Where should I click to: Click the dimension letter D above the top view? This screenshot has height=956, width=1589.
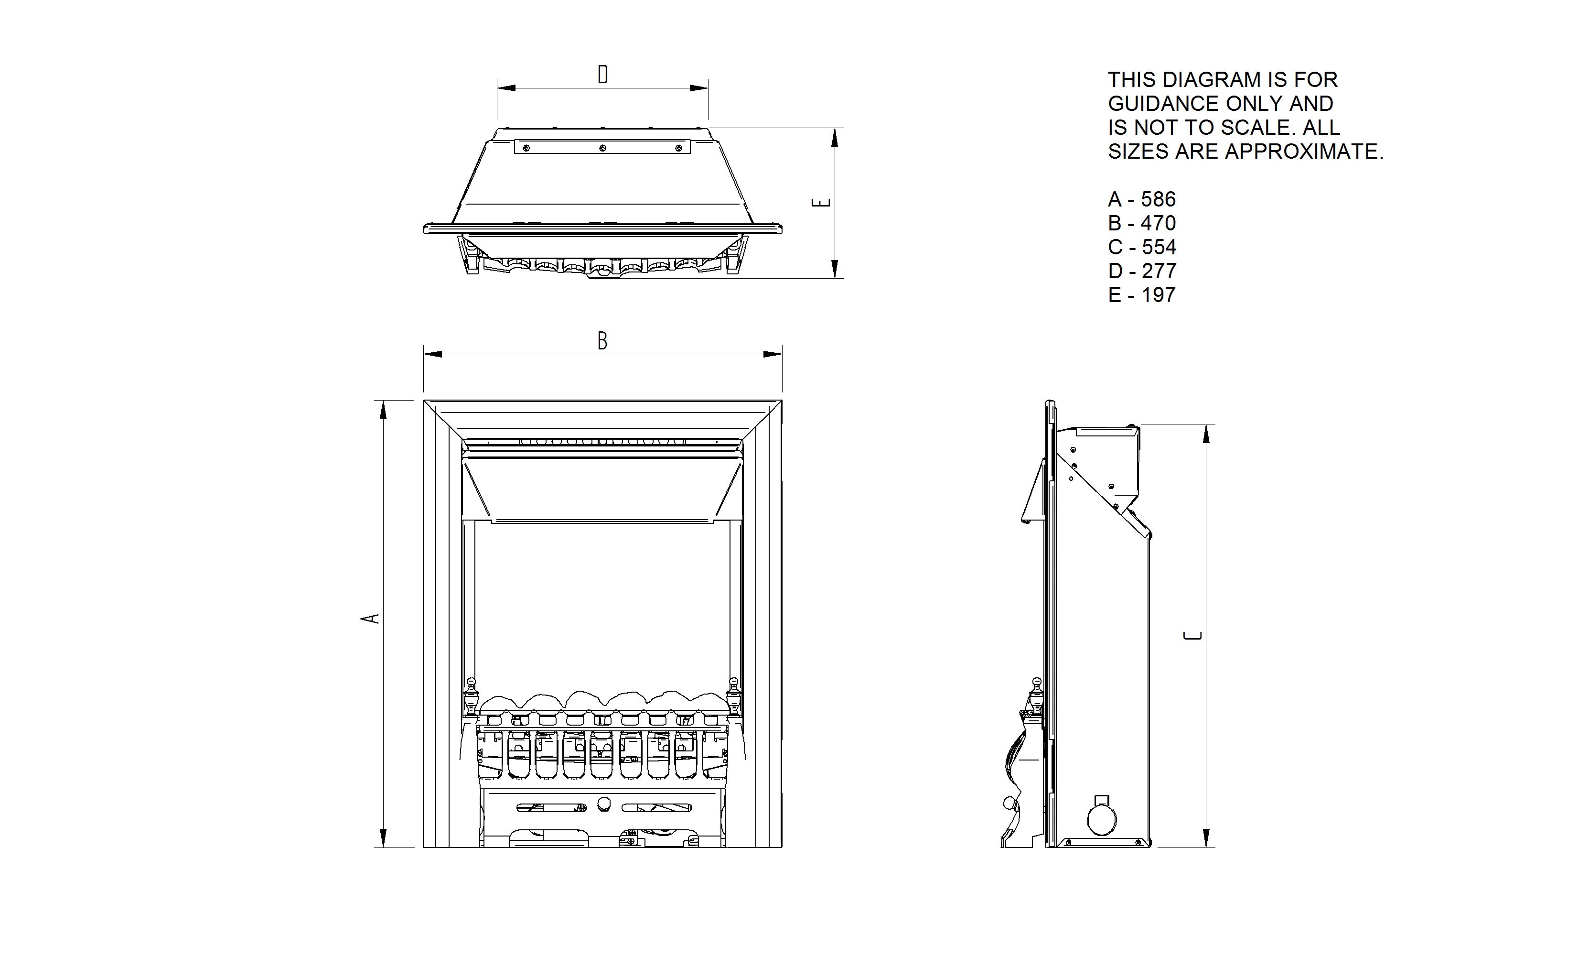tap(602, 75)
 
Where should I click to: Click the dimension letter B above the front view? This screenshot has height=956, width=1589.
tap(602, 341)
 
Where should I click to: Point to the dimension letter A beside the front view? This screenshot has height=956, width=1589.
tap(370, 619)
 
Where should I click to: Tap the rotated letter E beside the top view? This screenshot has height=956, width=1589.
tap(821, 202)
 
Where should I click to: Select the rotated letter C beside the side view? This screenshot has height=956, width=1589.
tap(1193, 636)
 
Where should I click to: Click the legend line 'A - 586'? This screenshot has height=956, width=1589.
tap(1141, 199)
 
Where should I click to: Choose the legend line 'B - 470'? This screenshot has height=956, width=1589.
tap(1141, 223)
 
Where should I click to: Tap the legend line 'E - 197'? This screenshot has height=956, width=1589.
tap(1141, 294)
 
